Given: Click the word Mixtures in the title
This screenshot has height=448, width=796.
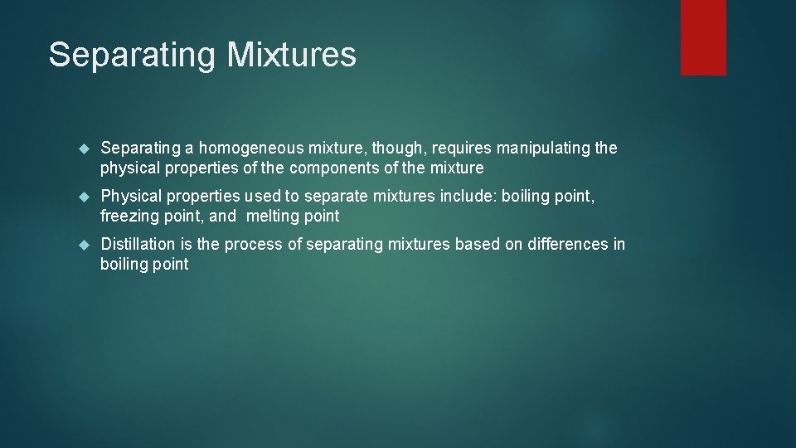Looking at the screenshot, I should pyautogui.click(x=292, y=55).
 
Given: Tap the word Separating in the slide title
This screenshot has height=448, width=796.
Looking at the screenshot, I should pyautogui.click(x=133, y=55).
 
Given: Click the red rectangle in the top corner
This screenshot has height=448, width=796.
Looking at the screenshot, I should pyautogui.click(x=703, y=37).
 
